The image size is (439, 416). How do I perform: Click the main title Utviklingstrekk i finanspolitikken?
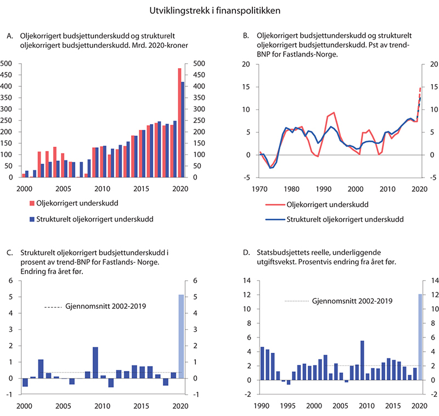pyautogui.click(x=219, y=9)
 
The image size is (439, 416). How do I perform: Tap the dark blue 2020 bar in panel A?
pyautogui.click(x=183, y=130)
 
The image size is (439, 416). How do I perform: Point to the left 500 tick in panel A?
pyautogui.click(x=6, y=64)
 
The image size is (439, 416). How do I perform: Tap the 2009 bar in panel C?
pyautogui.click(x=95, y=363)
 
